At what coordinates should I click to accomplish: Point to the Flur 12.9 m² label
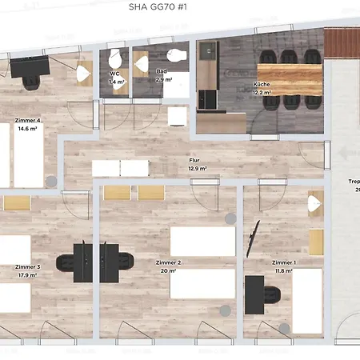tap(197, 165)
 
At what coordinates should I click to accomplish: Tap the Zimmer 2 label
tap(169, 266)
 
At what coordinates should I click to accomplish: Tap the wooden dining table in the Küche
tap(287, 79)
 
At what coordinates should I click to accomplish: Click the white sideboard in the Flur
tap(120, 168)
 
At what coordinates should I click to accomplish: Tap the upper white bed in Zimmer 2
tap(202, 241)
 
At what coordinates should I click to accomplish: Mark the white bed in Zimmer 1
tap(306, 300)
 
